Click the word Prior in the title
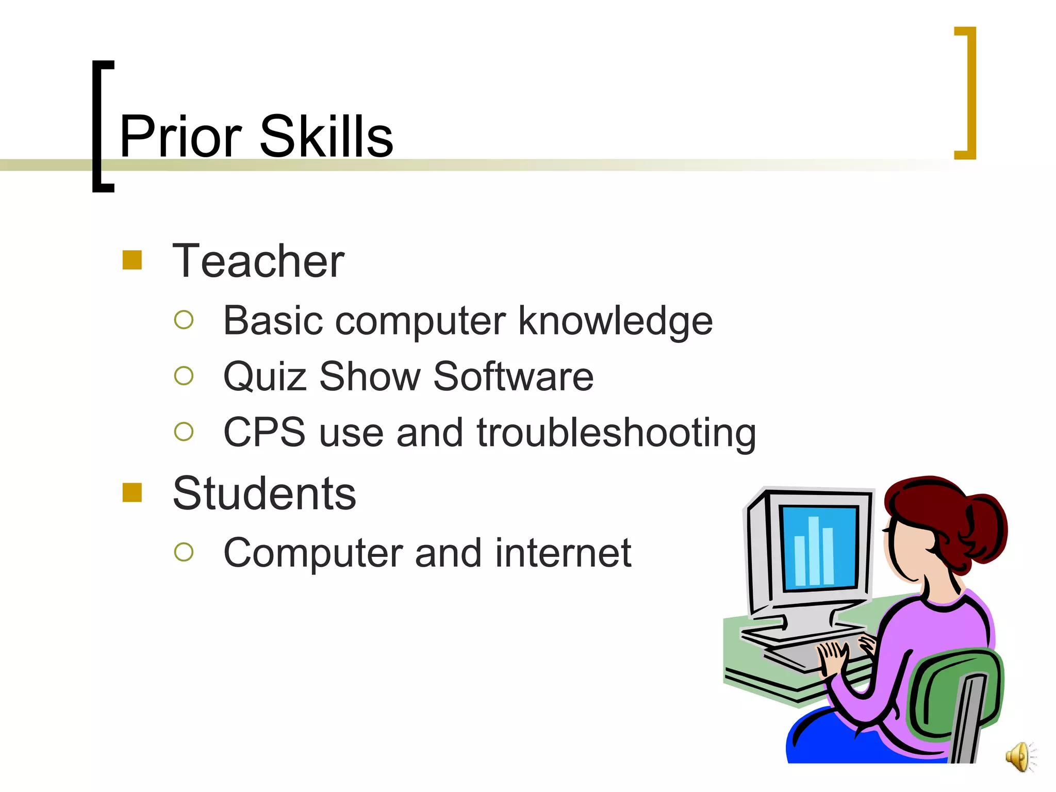(x=180, y=136)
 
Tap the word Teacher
(x=258, y=261)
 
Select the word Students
(x=264, y=494)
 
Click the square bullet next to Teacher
(x=132, y=260)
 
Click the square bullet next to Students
(x=132, y=492)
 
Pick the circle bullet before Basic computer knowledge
(x=184, y=320)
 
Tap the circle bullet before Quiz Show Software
(x=184, y=375)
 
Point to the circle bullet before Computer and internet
(x=184, y=552)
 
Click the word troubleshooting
(x=616, y=432)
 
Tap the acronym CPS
(x=265, y=432)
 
